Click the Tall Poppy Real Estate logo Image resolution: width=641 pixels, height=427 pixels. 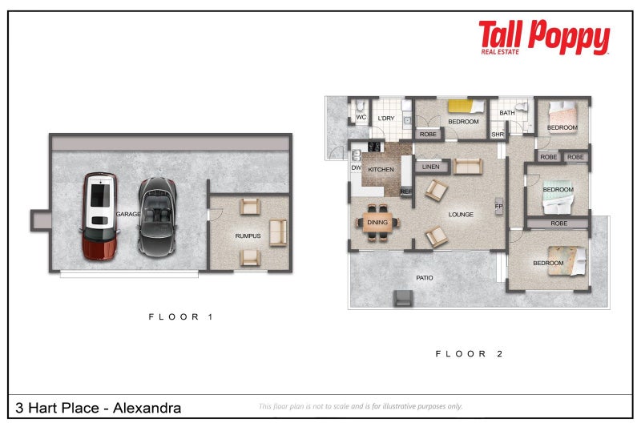[x=544, y=38]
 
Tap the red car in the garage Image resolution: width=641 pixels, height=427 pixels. [x=99, y=216]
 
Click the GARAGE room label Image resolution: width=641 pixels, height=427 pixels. [x=128, y=215]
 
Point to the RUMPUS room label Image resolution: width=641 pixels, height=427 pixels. [x=247, y=236]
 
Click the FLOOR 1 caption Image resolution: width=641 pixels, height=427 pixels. [x=180, y=317]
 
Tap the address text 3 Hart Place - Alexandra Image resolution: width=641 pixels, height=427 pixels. [x=98, y=408]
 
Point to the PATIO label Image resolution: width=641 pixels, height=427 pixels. [x=425, y=278]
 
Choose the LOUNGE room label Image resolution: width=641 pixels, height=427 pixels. [x=461, y=214]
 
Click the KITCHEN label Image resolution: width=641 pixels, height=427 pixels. [x=381, y=170]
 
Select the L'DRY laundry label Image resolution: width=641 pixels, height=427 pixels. [x=385, y=119]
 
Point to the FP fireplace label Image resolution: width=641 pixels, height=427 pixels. [x=498, y=206]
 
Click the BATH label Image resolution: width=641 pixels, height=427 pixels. [x=507, y=113]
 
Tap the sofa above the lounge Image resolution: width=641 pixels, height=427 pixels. [x=468, y=166]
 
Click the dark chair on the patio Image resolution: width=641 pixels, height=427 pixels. [x=402, y=299]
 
